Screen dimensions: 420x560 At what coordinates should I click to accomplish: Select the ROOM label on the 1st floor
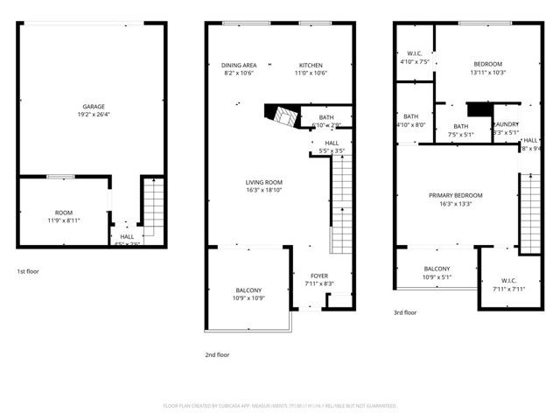coord(64,213)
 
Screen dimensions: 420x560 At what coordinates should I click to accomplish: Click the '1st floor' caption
coord(28,272)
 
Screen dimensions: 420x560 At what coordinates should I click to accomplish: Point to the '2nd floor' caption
coord(217,354)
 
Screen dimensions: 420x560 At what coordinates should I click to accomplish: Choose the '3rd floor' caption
coord(405,312)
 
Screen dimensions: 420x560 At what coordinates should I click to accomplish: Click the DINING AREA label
coord(238,65)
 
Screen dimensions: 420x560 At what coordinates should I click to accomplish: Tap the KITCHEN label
coord(311,65)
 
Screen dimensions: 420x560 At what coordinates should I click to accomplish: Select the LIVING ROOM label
coord(263,182)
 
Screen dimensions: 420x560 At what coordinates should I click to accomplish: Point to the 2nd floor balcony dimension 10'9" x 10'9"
coord(248,298)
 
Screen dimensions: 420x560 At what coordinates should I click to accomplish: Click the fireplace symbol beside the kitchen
coord(283,115)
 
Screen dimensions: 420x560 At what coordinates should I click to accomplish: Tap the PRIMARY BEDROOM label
coord(455,195)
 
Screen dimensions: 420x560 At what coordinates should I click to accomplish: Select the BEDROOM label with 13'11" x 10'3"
coord(487,64)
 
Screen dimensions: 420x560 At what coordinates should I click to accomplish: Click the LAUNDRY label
coord(507,125)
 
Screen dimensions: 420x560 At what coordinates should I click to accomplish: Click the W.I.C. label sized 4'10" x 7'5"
coord(416,54)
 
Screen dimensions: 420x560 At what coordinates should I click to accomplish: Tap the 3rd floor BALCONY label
coord(437,269)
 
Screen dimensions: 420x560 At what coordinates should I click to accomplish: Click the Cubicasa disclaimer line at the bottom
coord(280,406)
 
